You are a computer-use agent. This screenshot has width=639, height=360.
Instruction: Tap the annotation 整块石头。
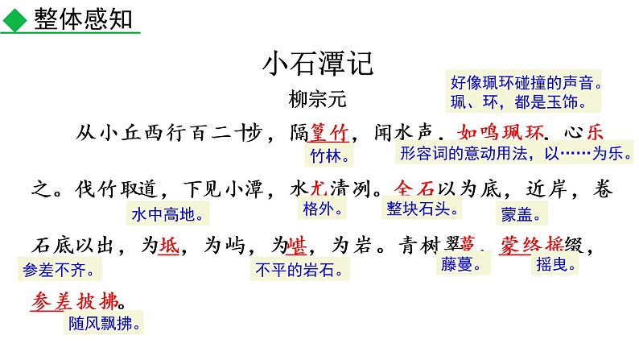[x=424, y=209]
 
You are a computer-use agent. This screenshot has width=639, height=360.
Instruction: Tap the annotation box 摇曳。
[x=556, y=265]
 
